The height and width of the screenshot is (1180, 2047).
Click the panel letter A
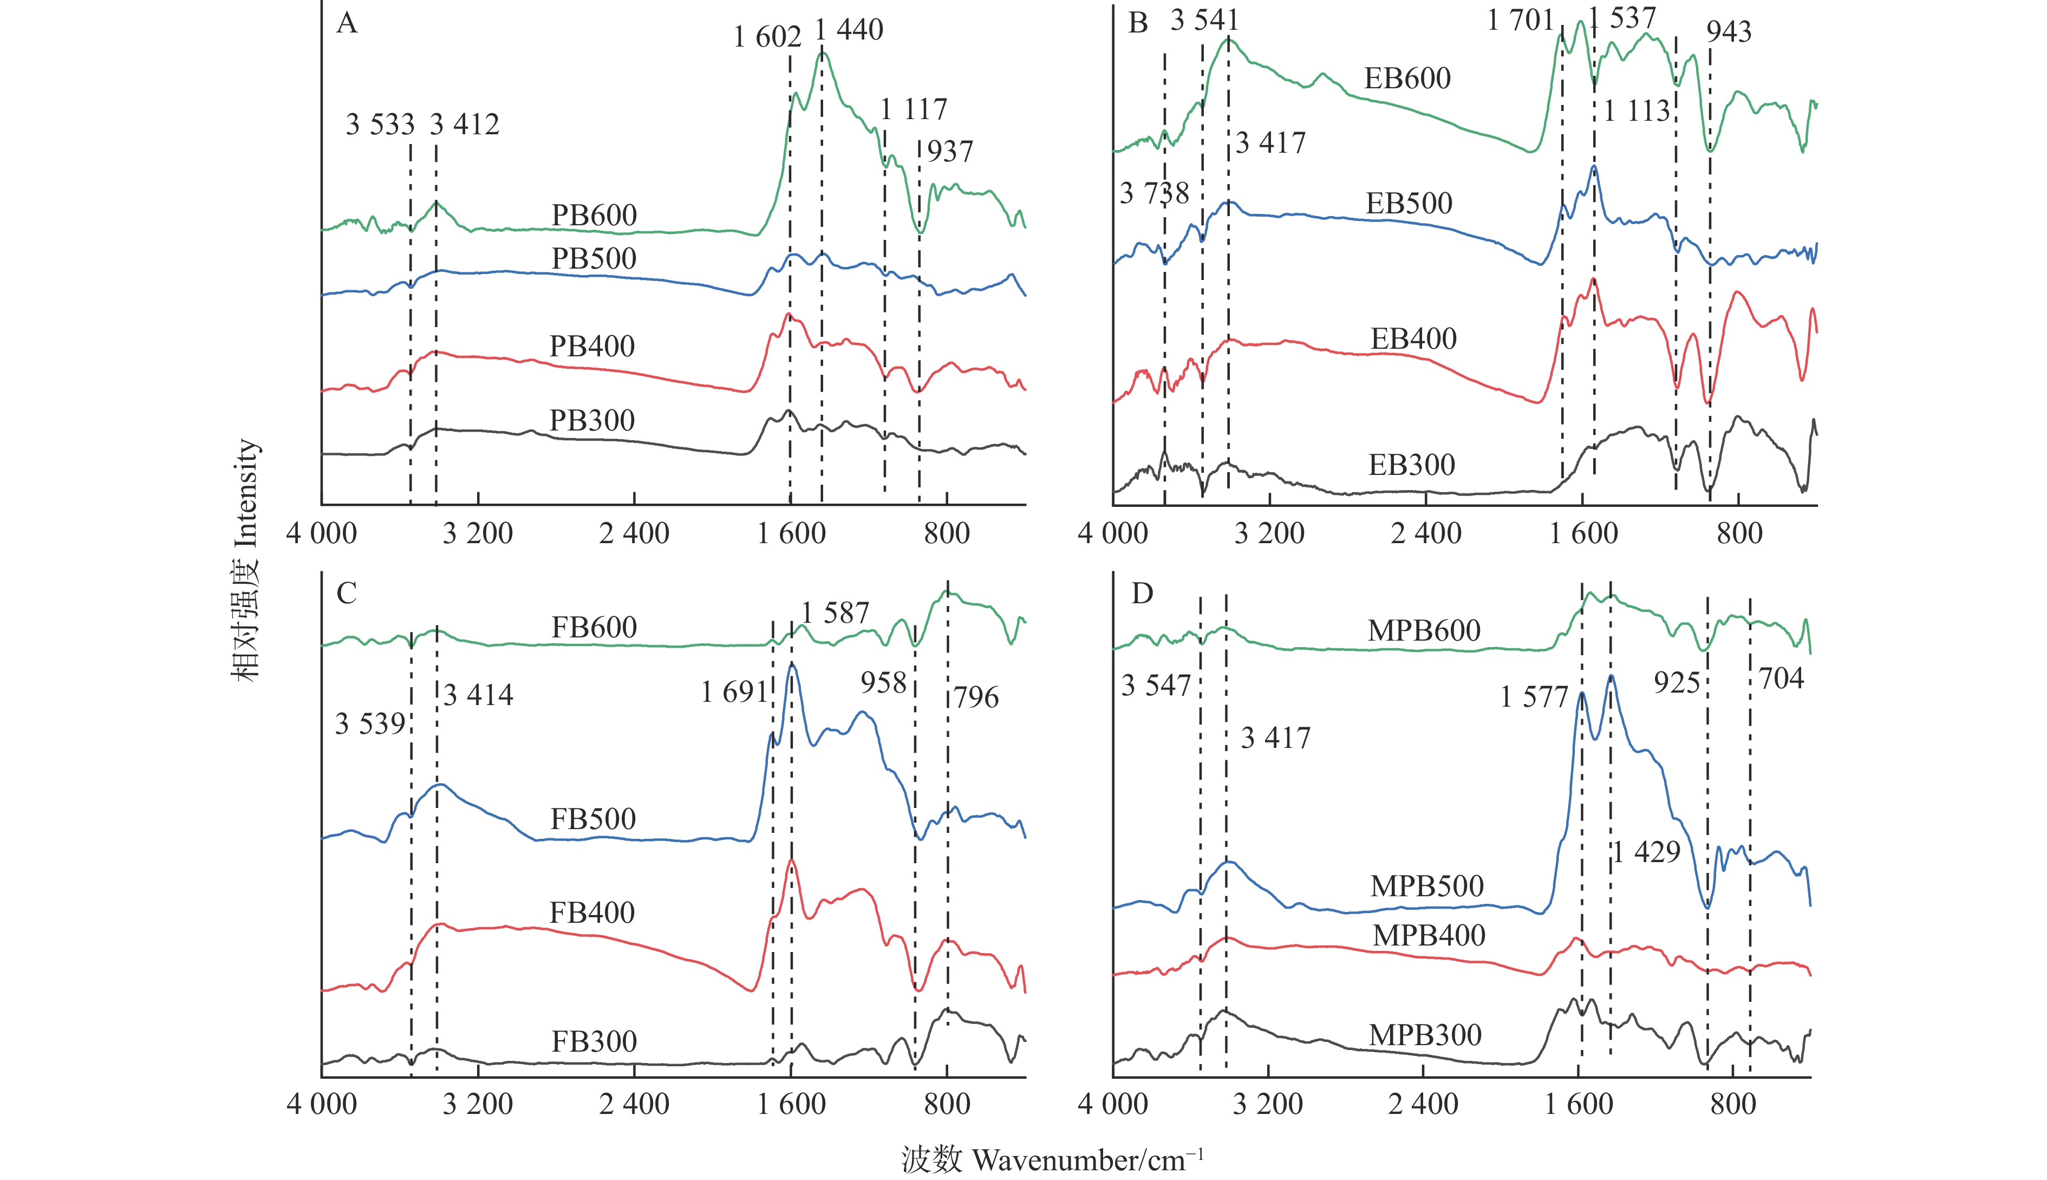tap(346, 23)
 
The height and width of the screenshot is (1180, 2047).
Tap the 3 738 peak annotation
tap(1154, 194)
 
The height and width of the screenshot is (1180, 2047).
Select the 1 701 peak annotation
tap(1520, 20)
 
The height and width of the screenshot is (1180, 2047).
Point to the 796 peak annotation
tap(976, 698)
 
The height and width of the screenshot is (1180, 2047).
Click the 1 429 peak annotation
tap(1647, 852)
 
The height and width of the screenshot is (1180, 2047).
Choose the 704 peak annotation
tap(1781, 679)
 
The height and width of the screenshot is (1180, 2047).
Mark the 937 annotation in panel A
tap(950, 152)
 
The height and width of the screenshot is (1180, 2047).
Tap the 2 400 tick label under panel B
tap(1425, 533)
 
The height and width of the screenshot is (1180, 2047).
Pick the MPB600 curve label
tap(1424, 630)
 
